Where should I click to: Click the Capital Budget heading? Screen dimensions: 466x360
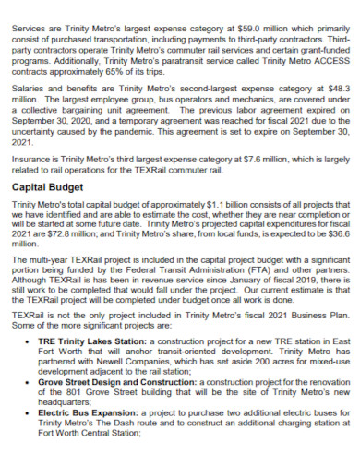point(49,185)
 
